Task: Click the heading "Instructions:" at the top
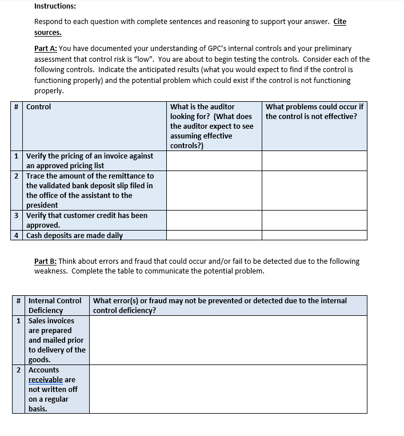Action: (55, 6)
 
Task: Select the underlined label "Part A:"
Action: (46, 49)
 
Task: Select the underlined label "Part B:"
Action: (46, 261)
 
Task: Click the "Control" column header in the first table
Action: (38, 107)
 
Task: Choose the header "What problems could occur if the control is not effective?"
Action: (314, 112)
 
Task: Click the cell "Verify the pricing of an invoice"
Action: (89, 161)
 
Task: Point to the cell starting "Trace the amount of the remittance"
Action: (89, 190)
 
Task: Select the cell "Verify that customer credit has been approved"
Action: (87, 220)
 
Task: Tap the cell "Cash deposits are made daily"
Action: (74, 235)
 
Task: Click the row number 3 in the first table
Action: (17, 216)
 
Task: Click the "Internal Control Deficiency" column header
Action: (55, 305)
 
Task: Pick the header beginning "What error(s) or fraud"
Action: (219, 305)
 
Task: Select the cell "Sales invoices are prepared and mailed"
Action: (57, 340)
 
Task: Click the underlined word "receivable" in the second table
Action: (46, 380)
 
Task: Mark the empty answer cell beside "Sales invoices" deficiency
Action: (227, 340)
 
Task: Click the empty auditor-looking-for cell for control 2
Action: (214, 190)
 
